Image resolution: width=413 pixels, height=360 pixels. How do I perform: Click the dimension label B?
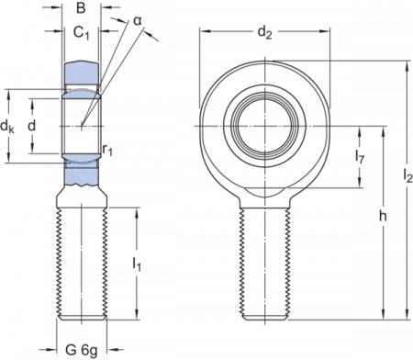[x=81, y=8]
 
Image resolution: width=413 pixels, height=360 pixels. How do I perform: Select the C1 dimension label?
[x=81, y=32]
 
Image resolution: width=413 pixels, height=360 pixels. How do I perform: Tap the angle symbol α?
[x=138, y=21]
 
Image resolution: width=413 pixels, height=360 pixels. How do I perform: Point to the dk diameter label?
[x=7, y=126]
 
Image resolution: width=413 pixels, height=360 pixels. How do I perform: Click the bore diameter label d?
[x=32, y=125]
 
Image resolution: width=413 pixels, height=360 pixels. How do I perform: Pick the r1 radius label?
[x=107, y=150]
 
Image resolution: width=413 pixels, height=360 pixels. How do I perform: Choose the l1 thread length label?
[x=137, y=264]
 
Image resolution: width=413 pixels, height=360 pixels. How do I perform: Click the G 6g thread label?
[x=82, y=350]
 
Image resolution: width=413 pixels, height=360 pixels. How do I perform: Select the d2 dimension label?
[x=264, y=32]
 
